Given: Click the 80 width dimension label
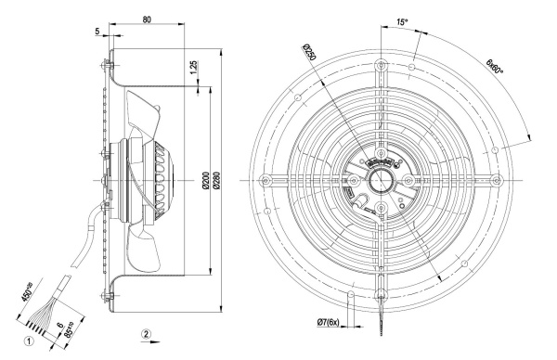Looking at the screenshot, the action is click(147, 19).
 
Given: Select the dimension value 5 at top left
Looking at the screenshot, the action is click(97, 32).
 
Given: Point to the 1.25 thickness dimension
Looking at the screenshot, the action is click(193, 68).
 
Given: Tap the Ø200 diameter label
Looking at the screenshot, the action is click(205, 180).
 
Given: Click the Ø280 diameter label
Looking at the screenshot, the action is click(217, 180).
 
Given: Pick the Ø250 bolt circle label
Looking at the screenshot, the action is click(309, 52).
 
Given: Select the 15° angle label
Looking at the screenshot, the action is click(402, 22).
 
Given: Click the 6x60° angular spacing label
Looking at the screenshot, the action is click(495, 66).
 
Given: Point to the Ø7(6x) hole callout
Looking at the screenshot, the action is click(329, 322).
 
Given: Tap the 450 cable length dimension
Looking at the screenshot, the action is click(27, 292).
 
